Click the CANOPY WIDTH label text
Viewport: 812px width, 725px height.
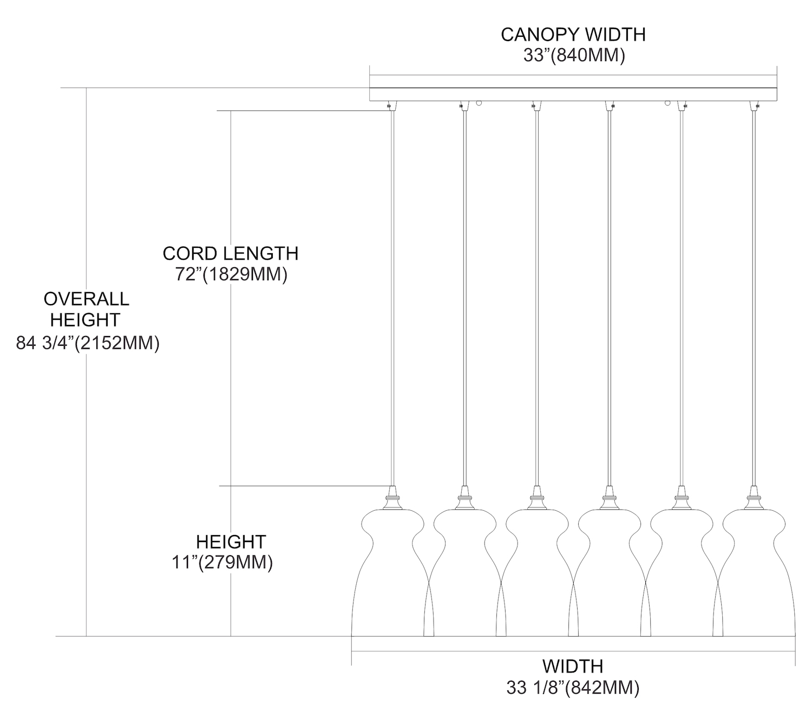[x=573, y=35]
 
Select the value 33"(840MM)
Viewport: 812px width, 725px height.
[x=574, y=56]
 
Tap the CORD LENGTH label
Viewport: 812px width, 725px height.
[x=230, y=253]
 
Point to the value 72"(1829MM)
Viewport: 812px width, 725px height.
[x=231, y=275]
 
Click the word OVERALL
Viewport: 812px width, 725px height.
[x=87, y=299]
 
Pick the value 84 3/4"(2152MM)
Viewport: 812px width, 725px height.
[x=88, y=343]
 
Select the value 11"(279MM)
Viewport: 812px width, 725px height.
[x=222, y=563]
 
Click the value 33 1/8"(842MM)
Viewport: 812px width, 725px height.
[x=573, y=688]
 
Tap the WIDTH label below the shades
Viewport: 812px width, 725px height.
[x=573, y=666]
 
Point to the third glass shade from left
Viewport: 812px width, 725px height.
[x=536, y=574]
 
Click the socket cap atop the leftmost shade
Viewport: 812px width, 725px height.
[x=392, y=498]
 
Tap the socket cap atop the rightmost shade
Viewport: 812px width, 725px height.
[x=753, y=498]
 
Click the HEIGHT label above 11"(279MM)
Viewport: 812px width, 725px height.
[x=231, y=542]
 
